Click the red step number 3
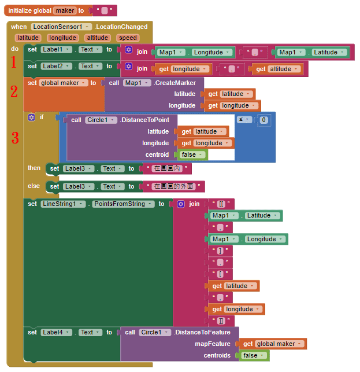pyautogui.click(x=15, y=138)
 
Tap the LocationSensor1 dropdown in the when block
pyautogui.click(x=61, y=27)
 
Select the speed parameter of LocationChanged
pyautogui.click(x=127, y=38)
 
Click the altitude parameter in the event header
pyautogui.click(x=97, y=38)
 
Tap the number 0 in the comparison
pyautogui.click(x=263, y=120)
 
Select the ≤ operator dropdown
pyautogui.click(x=244, y=119)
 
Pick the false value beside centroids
pyautogui.click(x=253, y=355)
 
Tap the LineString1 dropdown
pyautogui.click(x=64, y=204)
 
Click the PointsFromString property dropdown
pyautogui.click(x=123, y=204)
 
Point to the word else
pyautogui.click(x=34, y=186)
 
